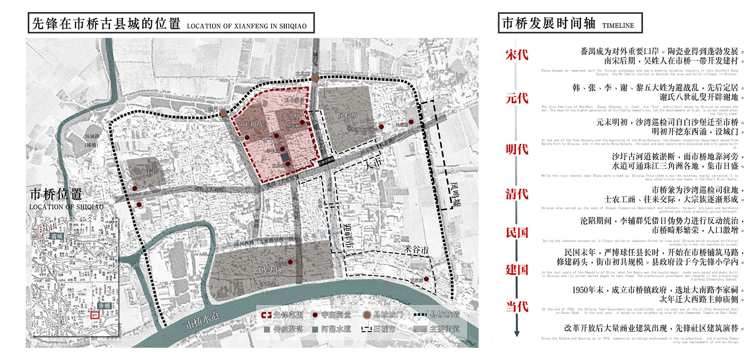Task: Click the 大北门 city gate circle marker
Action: pyautogui.click(x=315, y=78)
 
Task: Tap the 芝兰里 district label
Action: pyautogui.click(x=291, y=117)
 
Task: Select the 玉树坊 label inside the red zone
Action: pyautogui.click(x=253, y=124)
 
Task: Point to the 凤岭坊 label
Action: pyautogui.click(x=348, y=115)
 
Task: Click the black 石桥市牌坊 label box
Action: pyautogui.click(x=326, y=161)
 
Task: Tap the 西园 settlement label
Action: pyautogui.click(x=148, y=172)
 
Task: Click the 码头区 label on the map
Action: pyautogui.click(x=270, y=271)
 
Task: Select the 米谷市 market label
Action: pyautogui.click(x=416, y=250)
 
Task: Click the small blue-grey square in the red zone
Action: pyautogui.click(x=285, y=158)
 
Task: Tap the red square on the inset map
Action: pyautogui.click(x=94, y=315)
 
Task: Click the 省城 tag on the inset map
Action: pyautogui.click(x=56, y=236)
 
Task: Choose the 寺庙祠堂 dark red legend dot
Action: pyautogui.click(x=315, y=315)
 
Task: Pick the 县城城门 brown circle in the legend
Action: pyautogui.click(x=367, y=315)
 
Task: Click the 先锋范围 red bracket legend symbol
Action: pyautogui.click(x=266, y=315)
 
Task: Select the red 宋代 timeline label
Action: pyautogui.click(x=517, y=55)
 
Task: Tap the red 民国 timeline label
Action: pyautogui.click(x=517, y=233)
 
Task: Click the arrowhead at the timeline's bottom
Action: pyautogui.click(x=517, y=333)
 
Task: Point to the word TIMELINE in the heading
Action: pyautogui.click(x=618, y=26)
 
